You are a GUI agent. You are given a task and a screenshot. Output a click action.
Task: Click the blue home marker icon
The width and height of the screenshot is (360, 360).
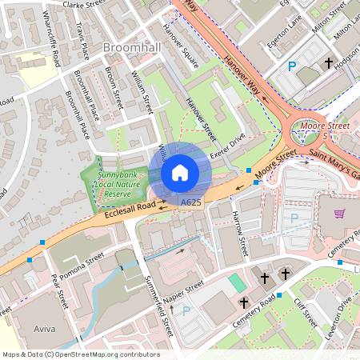(x=180, y=172)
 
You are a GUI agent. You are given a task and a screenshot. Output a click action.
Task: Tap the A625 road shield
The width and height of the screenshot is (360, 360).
(x=190, y=204)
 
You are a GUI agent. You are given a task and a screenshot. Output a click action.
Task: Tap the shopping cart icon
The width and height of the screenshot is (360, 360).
(x=339, y=214)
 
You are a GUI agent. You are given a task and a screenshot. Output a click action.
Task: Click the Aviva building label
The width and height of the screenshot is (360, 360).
(x=45, y=329)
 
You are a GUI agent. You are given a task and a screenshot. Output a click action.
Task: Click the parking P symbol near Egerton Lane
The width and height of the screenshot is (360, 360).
(x=292, y=68)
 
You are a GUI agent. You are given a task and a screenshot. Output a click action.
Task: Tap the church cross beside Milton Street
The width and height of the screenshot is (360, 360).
(x=328, y=62)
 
